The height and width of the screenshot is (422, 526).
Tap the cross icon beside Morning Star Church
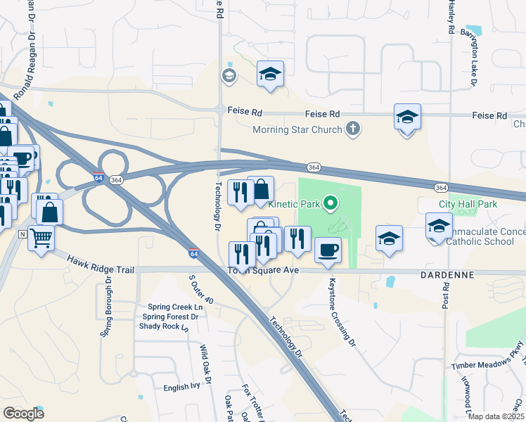coord(352,129)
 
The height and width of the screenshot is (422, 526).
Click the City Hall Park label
coord(468,204)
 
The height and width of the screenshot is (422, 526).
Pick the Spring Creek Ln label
coord(174,307)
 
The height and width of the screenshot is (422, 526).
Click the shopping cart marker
coord(41,239)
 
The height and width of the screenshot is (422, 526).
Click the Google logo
coord(23,414)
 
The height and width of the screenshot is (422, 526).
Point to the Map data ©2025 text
coord(495,416)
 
